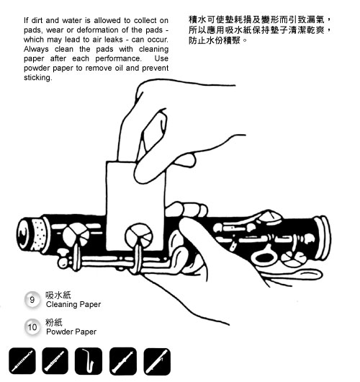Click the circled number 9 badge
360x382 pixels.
point(32,299)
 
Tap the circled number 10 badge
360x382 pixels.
point(32,327)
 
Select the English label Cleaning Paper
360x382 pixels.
point(73,305)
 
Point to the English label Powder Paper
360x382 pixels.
point(71,332)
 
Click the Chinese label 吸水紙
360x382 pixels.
point(58,295)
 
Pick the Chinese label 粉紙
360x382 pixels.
point(54,322)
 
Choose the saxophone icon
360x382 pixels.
point(89,361)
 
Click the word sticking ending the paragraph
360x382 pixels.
point(37,78)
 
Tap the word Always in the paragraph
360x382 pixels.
point(36,49)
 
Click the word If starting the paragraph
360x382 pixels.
point(26,20)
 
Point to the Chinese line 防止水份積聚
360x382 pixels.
point(215,40)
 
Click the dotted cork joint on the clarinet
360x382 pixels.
point(39,234)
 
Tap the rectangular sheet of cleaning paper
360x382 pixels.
point(135,206)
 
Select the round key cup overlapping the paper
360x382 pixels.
point(139,236)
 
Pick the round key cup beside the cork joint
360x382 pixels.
point(76,236)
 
